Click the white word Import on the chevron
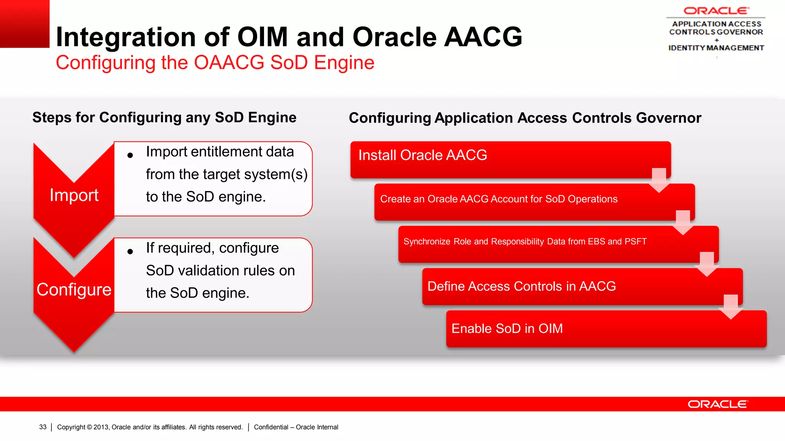pos(74,195)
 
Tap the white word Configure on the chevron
pos(74,290)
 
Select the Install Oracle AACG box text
pos(422,155)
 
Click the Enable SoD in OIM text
pos(507,328)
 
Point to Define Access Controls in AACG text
pos(521,286)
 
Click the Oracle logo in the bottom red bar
pos(718,404)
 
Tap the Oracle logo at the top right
pos(716,11)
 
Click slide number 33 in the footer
pos(43,427)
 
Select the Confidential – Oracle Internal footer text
pos(296,427)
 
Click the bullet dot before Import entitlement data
pos(130,155)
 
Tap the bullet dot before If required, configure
pos(130,252)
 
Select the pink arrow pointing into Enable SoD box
pos(731,307)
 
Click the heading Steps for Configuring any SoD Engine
pos(164,118)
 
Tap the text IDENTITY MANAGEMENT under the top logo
pos(716,48)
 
